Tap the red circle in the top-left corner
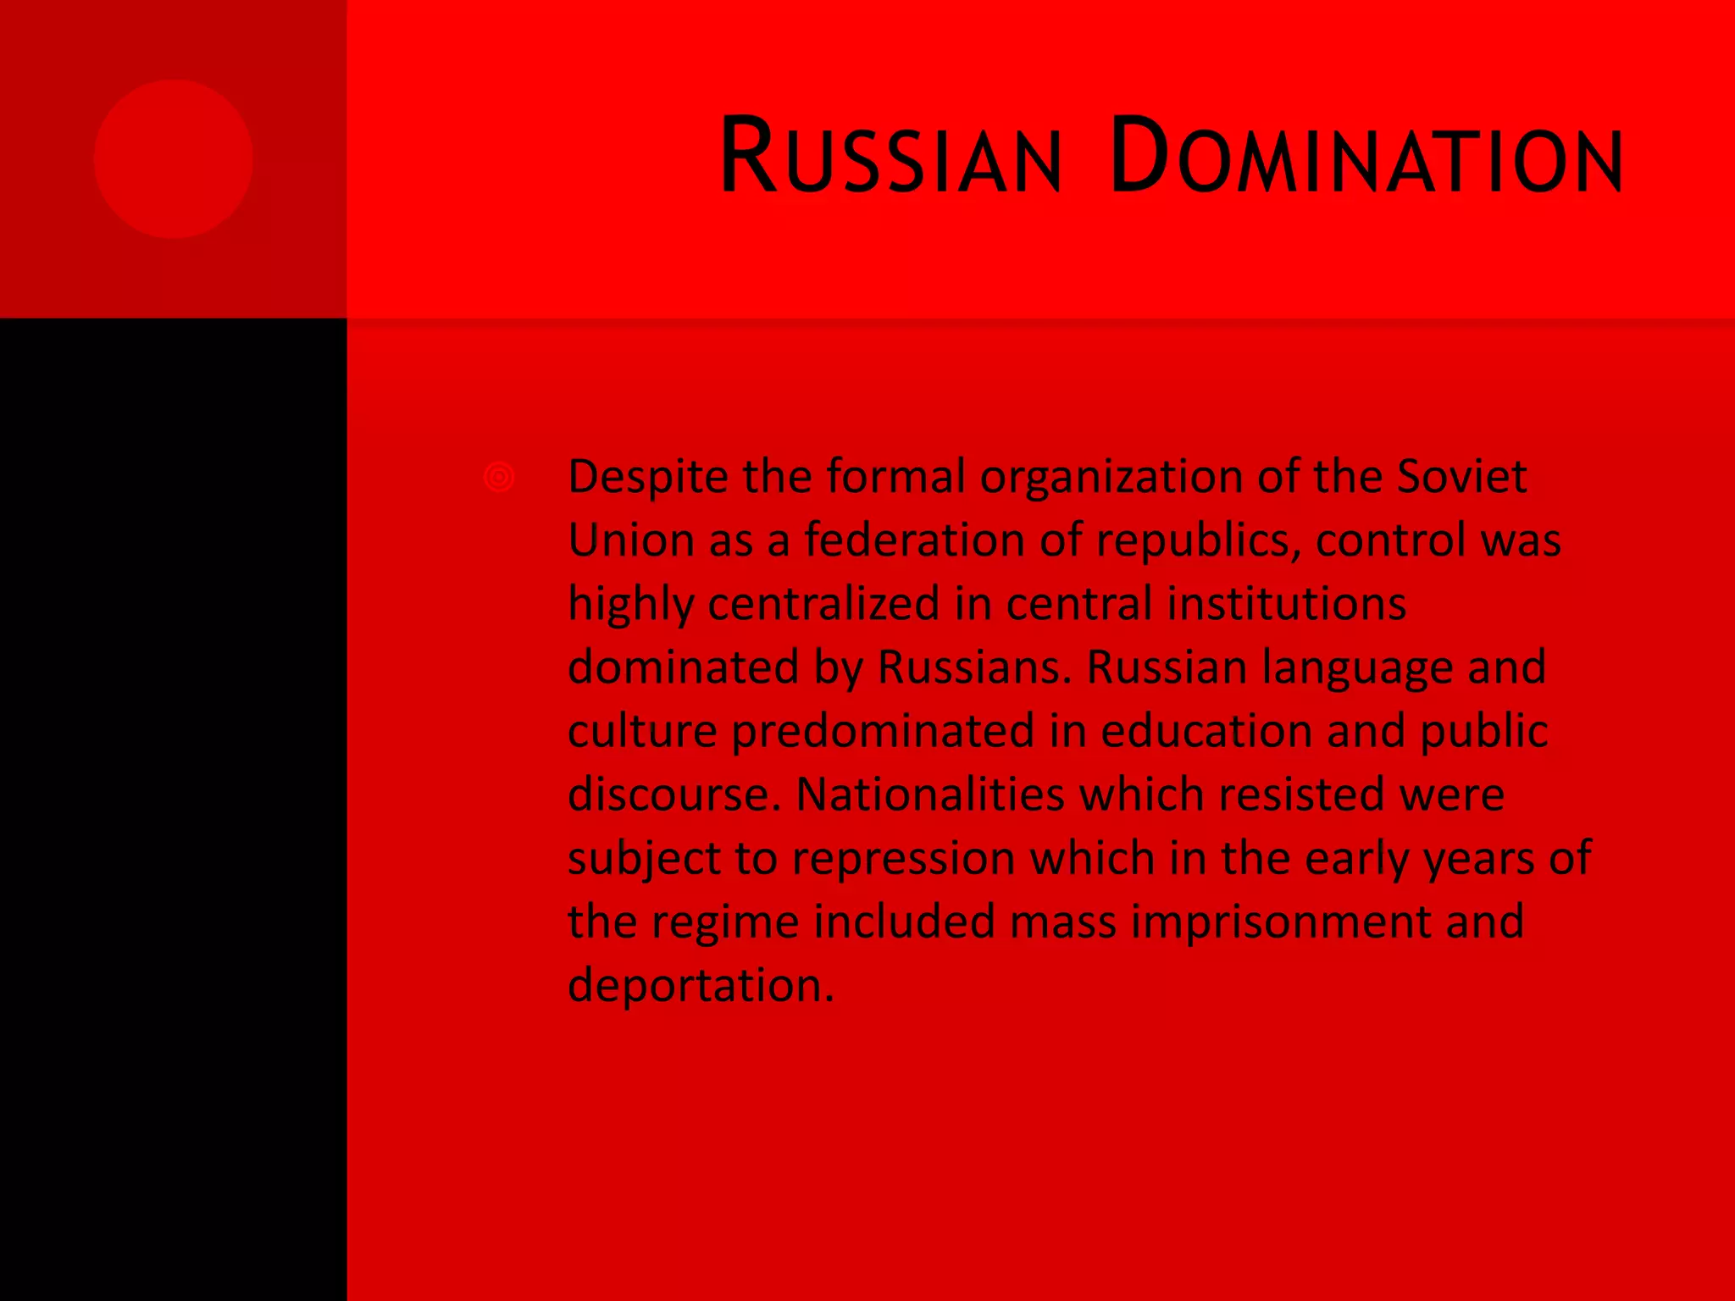(174, 159)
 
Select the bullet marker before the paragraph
(499, 477)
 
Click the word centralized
(823, 603)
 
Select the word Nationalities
(929, 794)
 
